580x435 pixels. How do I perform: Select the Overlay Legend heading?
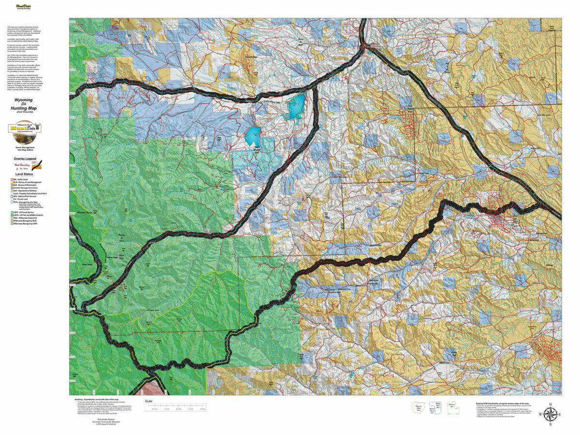point(25,159)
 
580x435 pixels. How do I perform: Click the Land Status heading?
point(24,174)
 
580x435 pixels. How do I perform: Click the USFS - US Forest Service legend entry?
point(22,212)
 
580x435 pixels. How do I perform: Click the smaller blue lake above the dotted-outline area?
point(253,137)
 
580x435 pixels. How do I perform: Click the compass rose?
point(550,414)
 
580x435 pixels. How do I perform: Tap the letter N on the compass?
point(550,404)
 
